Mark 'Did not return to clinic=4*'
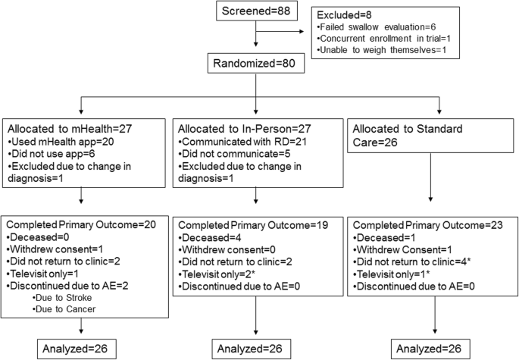coord(414,261)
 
